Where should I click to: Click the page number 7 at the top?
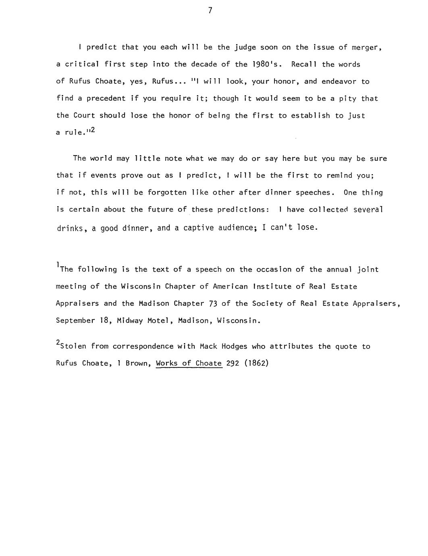pyautogui.click(x=210, y=11)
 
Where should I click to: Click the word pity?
pyautogui.click(x=347, y=99)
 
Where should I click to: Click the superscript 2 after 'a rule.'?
pyautogui.click(x=92, y=130)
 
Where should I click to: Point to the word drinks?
pyautogui.click(x=71, y=229)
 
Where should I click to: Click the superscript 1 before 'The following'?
pyautogui.click(x=58, y=265)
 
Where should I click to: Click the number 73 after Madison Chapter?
pyautogui.click(x=213, y=303)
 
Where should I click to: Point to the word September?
pyautogui.click(x=75, y=321)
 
